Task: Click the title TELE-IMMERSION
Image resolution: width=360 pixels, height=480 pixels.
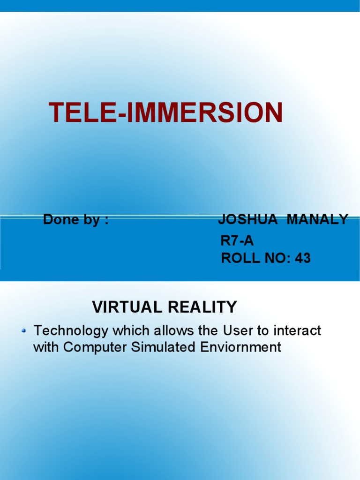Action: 166,113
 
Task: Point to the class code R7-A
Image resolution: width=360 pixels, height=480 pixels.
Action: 237,241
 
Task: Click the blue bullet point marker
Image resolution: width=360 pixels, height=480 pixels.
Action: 24,331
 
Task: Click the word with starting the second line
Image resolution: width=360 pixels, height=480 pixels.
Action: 46,347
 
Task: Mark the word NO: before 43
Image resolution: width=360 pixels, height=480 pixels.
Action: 277,258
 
